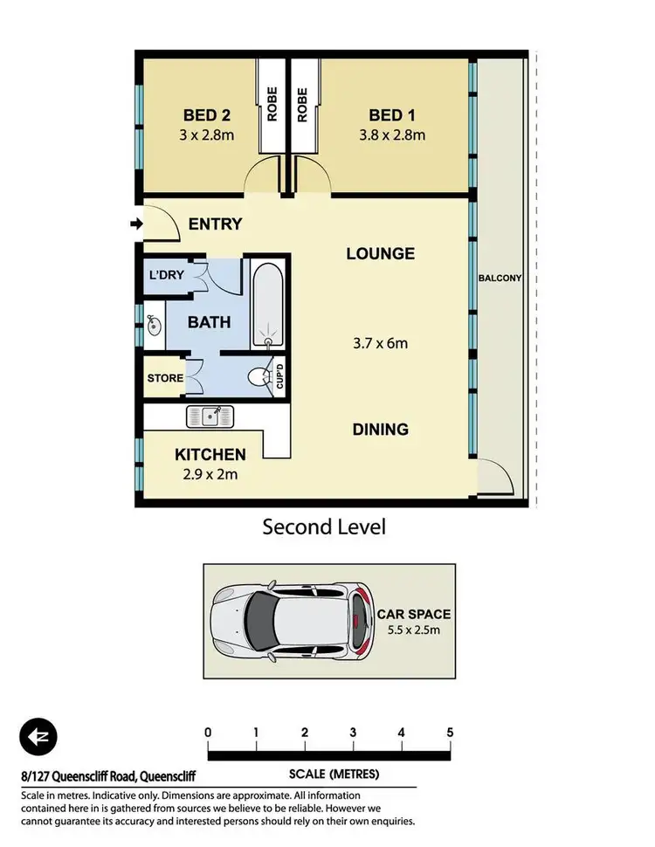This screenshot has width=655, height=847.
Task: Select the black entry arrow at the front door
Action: click(x=134, y=224)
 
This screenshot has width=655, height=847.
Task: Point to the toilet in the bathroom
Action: click(x=259, y=376)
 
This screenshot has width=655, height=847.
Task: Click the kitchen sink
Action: click(x=209, y=417)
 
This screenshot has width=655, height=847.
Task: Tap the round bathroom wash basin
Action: click(x=155, y=327)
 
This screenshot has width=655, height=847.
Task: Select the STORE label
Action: click(x=165, y=378)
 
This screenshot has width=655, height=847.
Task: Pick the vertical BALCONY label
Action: click(x=500, y=279)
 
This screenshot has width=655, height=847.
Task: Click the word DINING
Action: click(x=380, y=430)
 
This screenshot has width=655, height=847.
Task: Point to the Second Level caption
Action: click(x=324, y=527)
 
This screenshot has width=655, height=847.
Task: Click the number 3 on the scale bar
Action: click(x=353, y=732)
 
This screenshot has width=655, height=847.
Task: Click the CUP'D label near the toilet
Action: click(x=280, y=376)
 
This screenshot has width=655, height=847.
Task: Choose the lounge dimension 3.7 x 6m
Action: click(x=377, y=343)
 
